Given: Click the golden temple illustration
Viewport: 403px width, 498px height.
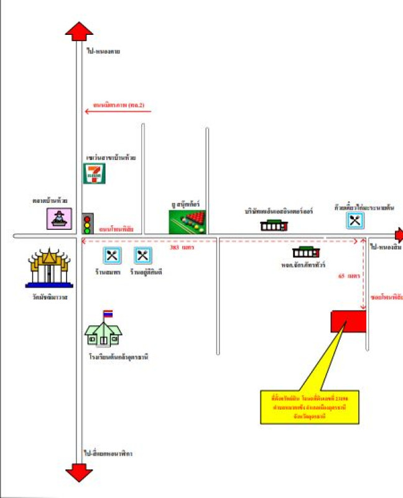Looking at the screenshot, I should [x=49, y=268].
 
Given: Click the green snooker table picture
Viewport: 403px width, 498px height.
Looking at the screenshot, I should [x=187, y=221].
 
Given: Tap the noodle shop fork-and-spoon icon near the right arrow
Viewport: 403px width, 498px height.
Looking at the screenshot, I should [x=354, y=220].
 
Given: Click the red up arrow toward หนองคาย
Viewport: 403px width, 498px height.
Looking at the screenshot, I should [x=79, y=31].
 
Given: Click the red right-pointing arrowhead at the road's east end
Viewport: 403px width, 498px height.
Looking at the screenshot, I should [x=399, y=235].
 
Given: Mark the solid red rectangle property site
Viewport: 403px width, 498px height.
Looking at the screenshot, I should [x=348, y=321].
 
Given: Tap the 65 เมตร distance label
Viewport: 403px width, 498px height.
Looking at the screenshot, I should [x=350, y=275].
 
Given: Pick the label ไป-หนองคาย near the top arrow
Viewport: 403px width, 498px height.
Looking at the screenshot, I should [x=103, y=51].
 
